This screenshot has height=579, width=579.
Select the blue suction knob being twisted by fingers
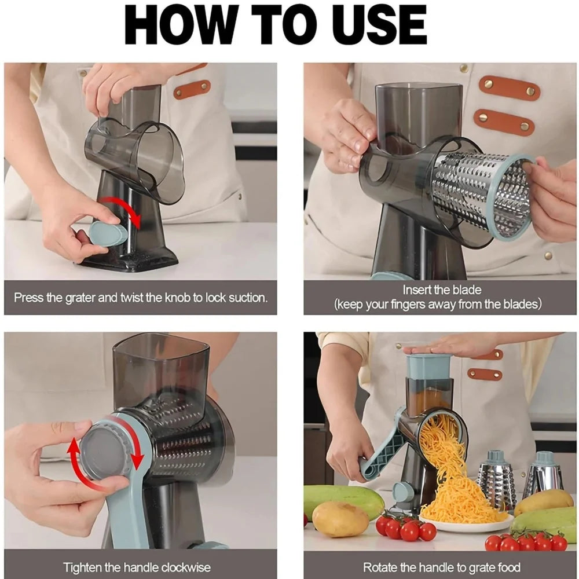pyautogui.click(x=108, y=233)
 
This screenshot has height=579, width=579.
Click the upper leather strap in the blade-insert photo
pyautogui.click(x=509, y=88)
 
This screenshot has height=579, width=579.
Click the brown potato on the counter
pyautogui.click(x=340, y=519)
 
